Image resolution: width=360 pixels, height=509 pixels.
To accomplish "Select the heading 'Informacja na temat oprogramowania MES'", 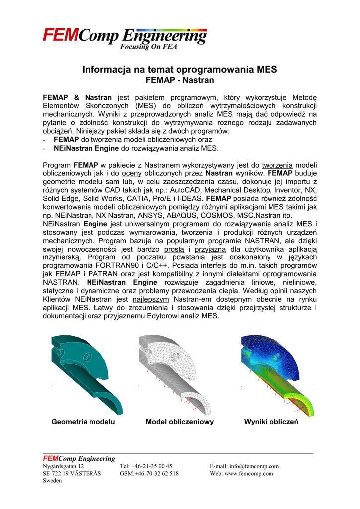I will coord(180,70).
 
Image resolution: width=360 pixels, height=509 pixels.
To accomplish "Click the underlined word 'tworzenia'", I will coord(277,165).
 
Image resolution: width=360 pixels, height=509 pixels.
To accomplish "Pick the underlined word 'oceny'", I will coord(132,173).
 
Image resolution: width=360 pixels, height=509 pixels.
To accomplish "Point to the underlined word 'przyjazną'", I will coord(210,248).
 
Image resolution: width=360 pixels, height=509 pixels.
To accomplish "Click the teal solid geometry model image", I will coord(87,373).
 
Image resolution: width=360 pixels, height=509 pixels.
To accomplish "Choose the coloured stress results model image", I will coord(273,373).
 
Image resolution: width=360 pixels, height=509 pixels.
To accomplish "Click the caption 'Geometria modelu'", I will coord(84,422).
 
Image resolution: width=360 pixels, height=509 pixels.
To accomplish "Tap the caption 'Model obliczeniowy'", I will coord(180,422).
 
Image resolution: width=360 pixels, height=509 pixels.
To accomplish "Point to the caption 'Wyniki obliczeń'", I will coord(271,422).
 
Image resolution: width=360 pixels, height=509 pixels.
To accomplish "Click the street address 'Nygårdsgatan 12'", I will coord(63,466).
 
